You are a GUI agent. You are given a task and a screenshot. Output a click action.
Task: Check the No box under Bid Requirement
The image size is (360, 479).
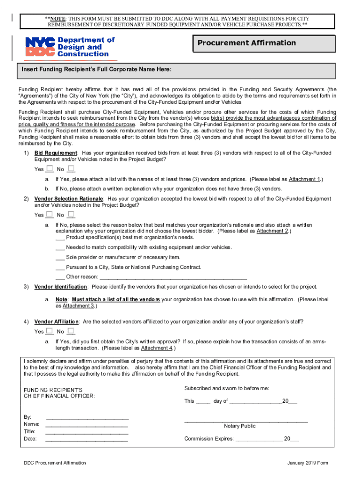(71, 168)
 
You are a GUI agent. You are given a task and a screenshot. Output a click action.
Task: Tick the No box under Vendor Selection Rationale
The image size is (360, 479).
(71, 214)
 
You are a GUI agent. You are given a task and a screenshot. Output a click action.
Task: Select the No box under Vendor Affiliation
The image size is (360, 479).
(71, 331)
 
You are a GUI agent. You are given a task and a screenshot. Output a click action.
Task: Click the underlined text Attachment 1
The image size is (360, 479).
(304, 179)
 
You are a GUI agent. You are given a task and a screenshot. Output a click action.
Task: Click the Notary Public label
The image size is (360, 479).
(240, 426)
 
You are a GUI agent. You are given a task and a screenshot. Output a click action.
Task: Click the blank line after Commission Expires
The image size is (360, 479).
(259, 440)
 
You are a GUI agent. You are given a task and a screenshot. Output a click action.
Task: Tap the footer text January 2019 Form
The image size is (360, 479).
(308, 463)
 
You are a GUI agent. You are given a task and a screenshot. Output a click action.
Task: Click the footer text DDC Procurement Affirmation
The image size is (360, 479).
(55, 463)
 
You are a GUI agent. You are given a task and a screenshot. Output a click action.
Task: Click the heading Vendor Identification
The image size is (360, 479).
(61, 287)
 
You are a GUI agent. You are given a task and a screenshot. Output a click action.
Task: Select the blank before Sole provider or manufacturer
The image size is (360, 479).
(60, 258)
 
